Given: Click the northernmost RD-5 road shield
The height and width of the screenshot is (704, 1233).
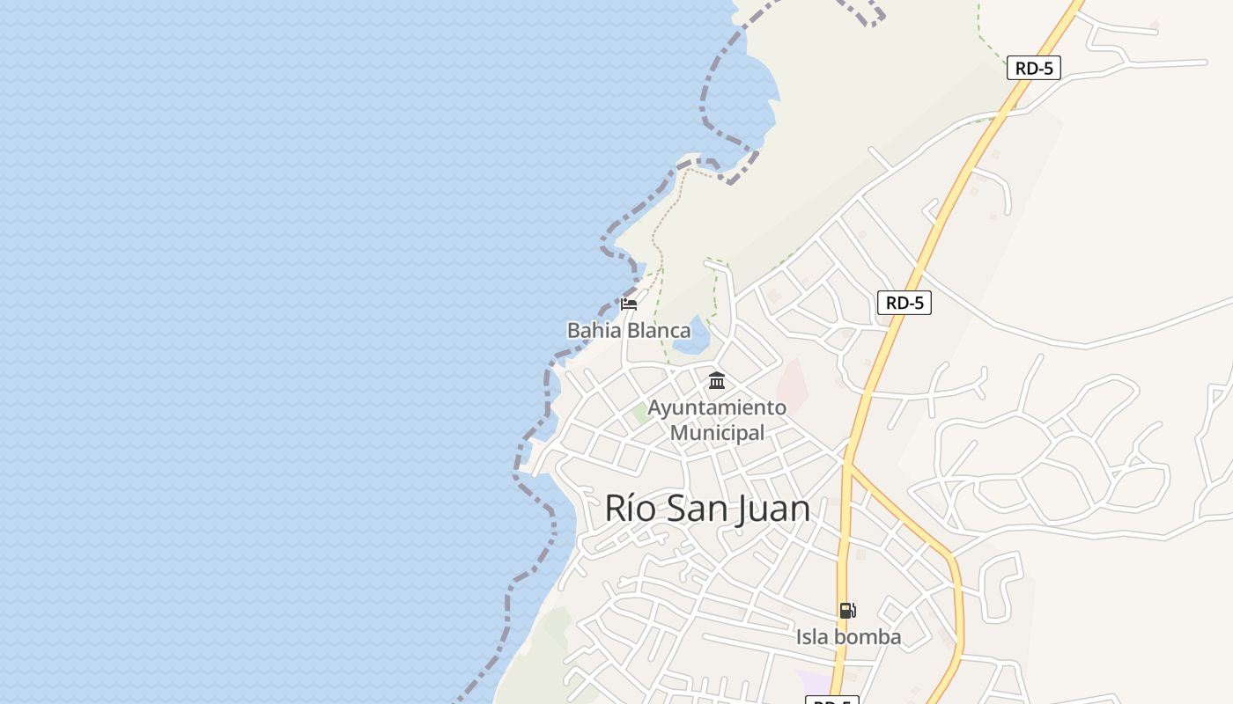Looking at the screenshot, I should (x=1033, y=68).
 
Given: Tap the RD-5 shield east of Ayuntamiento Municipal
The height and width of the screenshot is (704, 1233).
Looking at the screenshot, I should (x=904, y=303).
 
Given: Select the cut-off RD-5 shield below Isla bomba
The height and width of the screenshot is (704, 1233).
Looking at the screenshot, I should (x=831, y=700).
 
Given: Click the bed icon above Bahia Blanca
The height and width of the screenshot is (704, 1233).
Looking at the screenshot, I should (x=629, y=304).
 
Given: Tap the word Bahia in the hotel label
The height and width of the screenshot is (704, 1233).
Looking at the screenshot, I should (x=594, y=331).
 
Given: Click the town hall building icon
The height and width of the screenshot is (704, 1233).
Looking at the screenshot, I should (x=717, y=381).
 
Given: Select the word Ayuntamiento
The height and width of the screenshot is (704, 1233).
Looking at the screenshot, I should (x=717, y=408).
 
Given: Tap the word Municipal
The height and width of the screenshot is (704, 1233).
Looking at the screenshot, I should (x=717, y=433).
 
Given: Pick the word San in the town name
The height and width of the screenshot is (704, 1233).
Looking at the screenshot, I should (x=697, y=510).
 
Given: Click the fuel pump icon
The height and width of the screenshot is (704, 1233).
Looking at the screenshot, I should (x=847, y=611).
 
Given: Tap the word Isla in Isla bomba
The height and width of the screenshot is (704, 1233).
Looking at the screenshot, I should (x=815, y=637).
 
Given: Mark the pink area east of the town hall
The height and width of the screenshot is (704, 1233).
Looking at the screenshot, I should (x=792, y=385).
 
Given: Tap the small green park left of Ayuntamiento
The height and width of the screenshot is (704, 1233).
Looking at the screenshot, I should (x=642, y=413).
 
